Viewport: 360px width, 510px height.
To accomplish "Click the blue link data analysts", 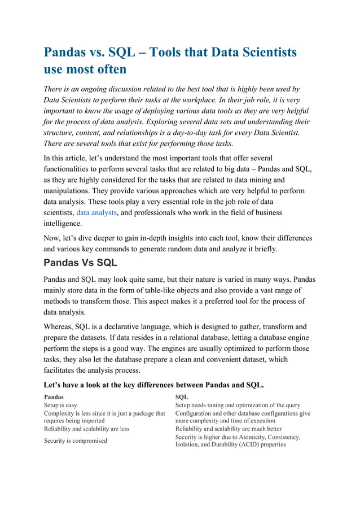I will (96, 213).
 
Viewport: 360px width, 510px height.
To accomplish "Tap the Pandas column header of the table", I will (54, 397).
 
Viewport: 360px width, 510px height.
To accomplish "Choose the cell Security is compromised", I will (76, 441).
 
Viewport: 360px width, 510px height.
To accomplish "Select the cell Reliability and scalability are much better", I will (229, 429).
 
